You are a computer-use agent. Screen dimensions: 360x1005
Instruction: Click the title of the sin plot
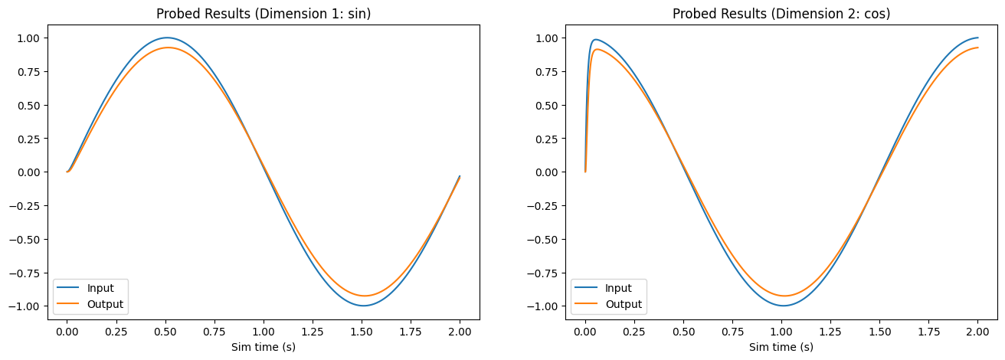click(264, 14)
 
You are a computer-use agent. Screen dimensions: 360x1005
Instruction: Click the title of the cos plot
click(781, 14)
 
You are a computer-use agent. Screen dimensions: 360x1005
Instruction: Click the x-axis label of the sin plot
click(264, 347)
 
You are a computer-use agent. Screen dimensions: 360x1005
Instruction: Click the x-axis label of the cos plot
click(781, 347)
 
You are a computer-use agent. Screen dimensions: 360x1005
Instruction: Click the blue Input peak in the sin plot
click(166, 38)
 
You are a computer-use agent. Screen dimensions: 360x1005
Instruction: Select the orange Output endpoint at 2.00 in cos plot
click(977, 47)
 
